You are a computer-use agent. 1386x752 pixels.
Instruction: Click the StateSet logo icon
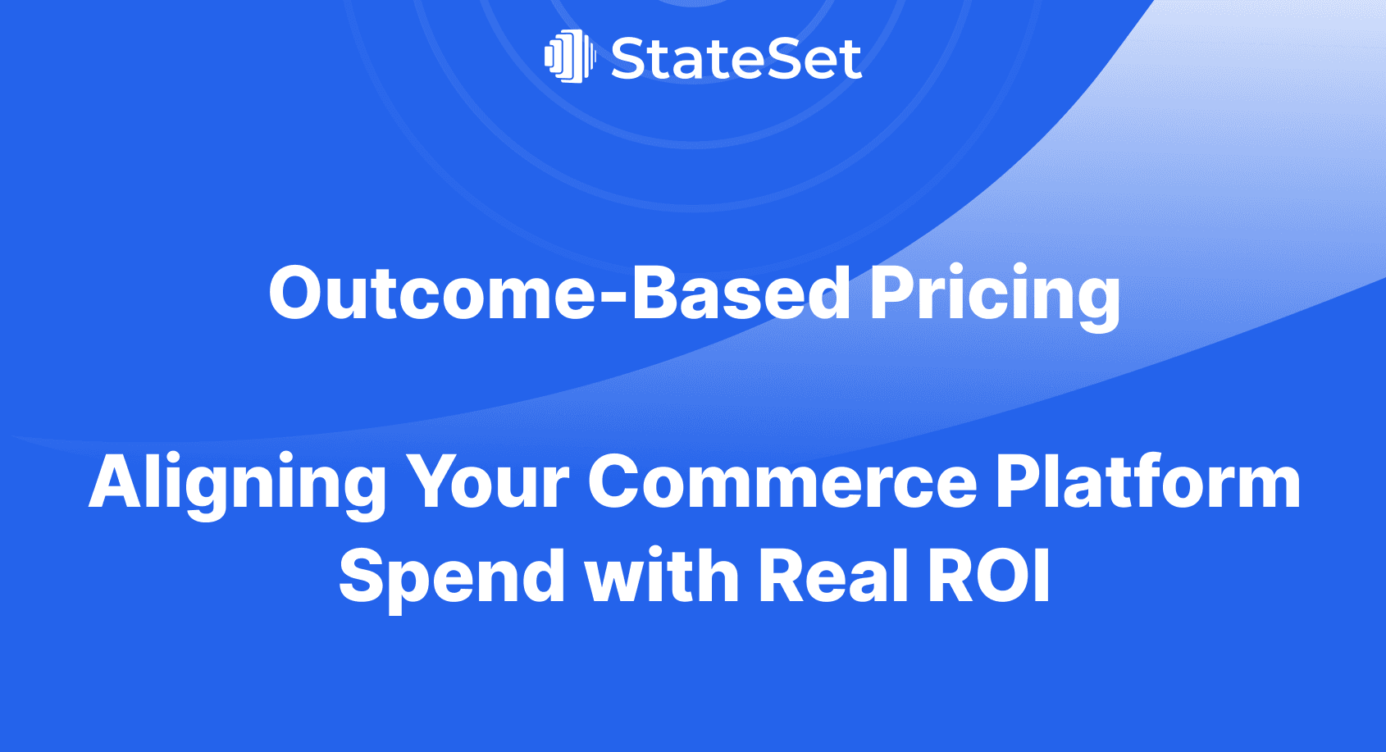pyautogui.click(x=569, y=57)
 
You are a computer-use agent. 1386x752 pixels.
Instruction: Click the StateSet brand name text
pyautogui.click(x=736, y=59)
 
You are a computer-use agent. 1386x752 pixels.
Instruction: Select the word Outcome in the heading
pyautogui.click(x=432, y=294)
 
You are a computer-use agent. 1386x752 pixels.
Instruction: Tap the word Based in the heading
pyautogui.click(x=741, y=294)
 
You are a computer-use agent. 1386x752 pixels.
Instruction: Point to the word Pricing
pyautogui.click(x=994, y=295)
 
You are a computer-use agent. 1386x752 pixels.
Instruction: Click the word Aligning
pyautogui.click(x=237, y=484)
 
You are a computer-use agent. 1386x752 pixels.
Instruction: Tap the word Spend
pyautogui.click(x=451, y=577)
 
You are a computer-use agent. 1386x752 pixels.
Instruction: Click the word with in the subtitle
pyautogui.click(x=662, y=576)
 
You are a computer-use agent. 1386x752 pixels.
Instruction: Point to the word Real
pyautogui.click(x=833, y=576)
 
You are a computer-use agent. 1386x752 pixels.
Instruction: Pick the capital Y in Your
pyautogui.click(x=431, y=482)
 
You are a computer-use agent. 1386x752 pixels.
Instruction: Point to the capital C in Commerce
pyautogui.click(x=617, y=482)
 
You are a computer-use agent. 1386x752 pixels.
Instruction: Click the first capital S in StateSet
pyautogui.click(x=629, y=59)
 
